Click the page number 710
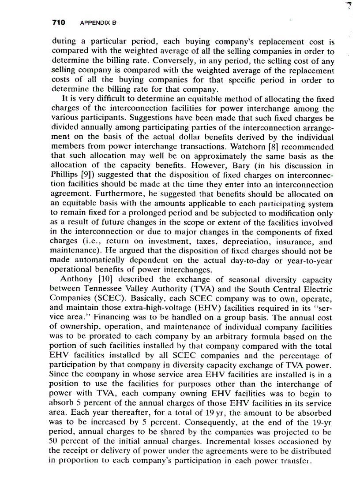click(x=59, y=22)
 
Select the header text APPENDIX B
click(x=96, y=23)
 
